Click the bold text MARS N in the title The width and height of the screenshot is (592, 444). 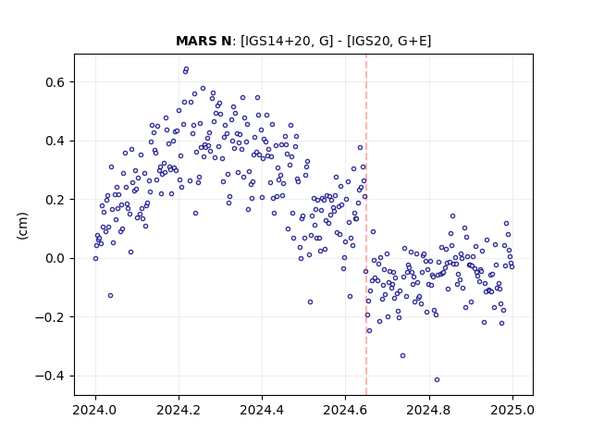tap(203, 41)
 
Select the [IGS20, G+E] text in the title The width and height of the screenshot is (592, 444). tap(388, 41)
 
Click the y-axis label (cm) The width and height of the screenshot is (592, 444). tap(22, 226)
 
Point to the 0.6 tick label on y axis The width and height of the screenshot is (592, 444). tap(55, 82)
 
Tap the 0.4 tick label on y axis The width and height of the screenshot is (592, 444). tap(55, 141)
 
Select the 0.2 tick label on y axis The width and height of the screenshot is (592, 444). tap(55, 200)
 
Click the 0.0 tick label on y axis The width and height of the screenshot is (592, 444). tap(55, 259)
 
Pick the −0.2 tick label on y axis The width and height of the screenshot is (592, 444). tap(51, 317)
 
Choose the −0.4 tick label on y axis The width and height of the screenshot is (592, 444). tap(51, 376)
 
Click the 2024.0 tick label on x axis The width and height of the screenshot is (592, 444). tap(95, 410)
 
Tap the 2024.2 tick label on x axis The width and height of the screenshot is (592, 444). tap(179, 410)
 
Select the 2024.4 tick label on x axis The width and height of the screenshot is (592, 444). tap(262, 410)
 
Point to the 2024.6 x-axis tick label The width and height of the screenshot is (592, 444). tap(345, 410)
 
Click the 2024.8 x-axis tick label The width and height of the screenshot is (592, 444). tap(428, 410)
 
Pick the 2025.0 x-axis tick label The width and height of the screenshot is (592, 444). tap(512, 410)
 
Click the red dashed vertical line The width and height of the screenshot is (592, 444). tap(366, 225)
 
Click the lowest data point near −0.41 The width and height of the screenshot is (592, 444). tap(437, 380)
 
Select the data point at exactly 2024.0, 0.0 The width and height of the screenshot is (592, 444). tap(95, 259)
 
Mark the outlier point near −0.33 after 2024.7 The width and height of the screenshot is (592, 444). tap(403, 355)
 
